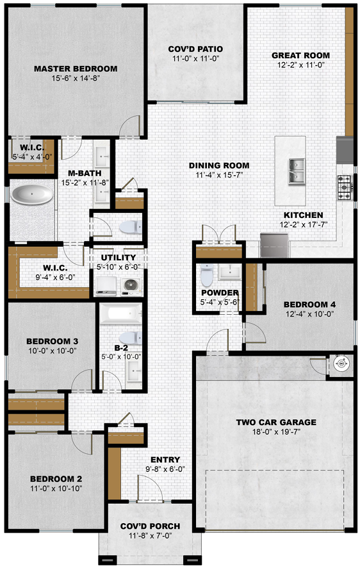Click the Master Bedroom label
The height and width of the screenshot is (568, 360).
pos(76,69)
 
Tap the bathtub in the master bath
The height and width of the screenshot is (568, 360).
pos(31,194)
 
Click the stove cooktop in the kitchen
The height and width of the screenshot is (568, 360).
pos(344,187)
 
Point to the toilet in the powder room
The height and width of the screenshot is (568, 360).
pos(207,275)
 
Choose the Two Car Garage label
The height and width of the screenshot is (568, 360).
pos(276,422)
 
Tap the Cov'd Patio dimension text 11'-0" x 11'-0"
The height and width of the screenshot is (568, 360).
pos(196,59)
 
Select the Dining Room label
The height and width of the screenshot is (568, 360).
pos(219,165)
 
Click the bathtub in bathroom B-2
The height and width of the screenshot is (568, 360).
pos(120,313)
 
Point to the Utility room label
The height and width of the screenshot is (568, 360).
pos(119,258)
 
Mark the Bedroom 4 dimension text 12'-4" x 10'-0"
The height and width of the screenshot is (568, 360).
pos(309,314)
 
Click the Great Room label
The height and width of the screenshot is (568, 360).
pos(300,55)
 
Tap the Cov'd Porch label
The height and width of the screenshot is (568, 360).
pos(150,526)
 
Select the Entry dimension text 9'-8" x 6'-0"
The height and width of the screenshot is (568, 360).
pos(165,469)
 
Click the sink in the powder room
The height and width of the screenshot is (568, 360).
pos(230,272)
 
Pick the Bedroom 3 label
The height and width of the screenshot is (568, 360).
pos(52,341)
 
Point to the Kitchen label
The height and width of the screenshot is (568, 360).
pos(303,215)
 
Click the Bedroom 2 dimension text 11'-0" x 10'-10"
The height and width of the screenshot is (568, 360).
pos(56,489)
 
